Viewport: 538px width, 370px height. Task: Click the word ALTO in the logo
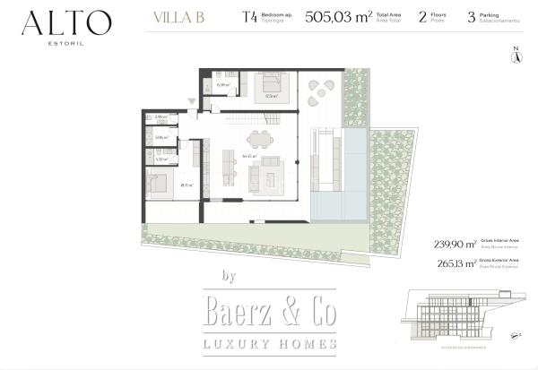click(x=67, y=22)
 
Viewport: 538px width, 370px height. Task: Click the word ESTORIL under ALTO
click(x=67, y=41)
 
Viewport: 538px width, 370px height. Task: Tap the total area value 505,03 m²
click(x=338, y=16)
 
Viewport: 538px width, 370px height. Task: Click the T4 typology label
click(x=248, y=16)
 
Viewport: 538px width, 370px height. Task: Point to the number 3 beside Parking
click(x=471, y=16)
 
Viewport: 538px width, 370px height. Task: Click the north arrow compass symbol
click(x=516, y=56)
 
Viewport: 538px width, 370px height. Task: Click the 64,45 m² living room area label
click(x=249, y=155)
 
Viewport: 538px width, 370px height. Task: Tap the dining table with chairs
click(x=259, y=139)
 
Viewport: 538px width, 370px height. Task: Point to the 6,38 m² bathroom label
click(x=223, y=86)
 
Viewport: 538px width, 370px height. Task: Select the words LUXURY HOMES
click(x=269, y=344)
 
